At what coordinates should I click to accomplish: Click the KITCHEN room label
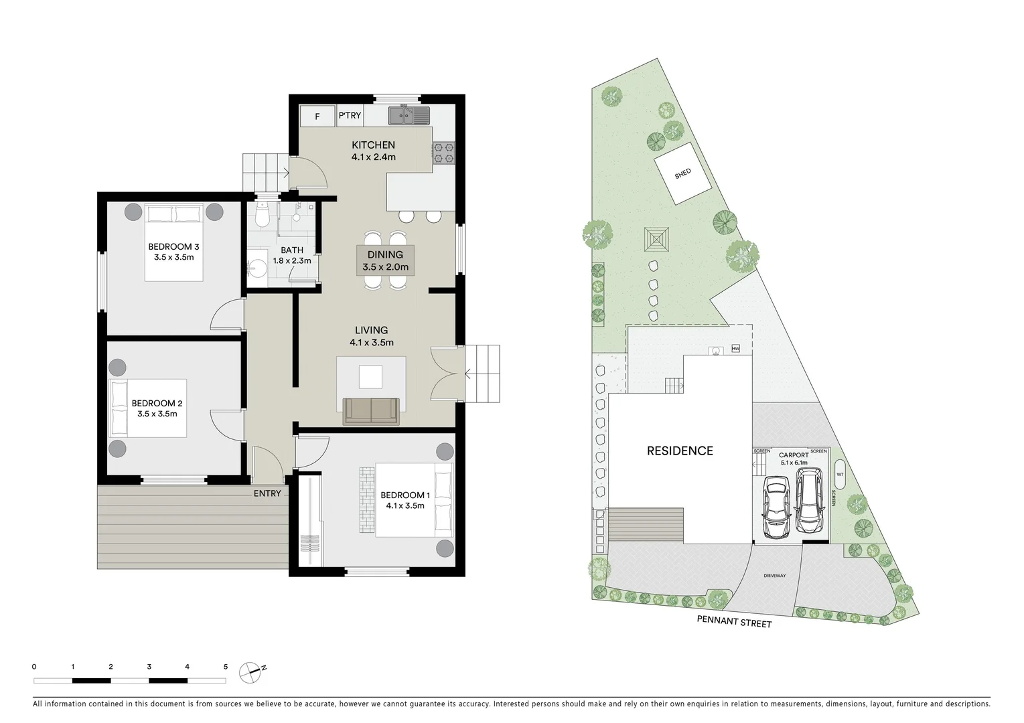tap(373, 145)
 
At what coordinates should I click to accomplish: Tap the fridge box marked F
tap(317, 116)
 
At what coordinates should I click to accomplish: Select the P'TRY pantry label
tap(349, 115)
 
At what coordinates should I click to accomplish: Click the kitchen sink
tap(409, 116)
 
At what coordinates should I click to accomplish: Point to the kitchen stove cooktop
tap(443, 153)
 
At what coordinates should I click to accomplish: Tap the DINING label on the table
tap(385, 254)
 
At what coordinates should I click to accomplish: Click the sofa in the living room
tap(371, 410)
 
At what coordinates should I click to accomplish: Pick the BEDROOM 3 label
tap(173, 246)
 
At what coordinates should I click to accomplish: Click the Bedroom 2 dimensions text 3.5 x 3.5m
tap(157, 414)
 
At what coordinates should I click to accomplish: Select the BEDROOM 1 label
tap(405, 495)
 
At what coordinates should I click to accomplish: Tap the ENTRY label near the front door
tap(267, 493)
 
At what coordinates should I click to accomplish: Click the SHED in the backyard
tap(682, 173)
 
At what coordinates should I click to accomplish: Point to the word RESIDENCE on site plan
tap(680, 451)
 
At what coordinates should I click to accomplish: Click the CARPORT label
tap(794, 455)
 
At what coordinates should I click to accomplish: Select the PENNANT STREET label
tap(734, 622)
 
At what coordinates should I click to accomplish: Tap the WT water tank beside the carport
tap(840, 474)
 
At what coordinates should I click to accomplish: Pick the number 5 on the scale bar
tap(226, 667)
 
